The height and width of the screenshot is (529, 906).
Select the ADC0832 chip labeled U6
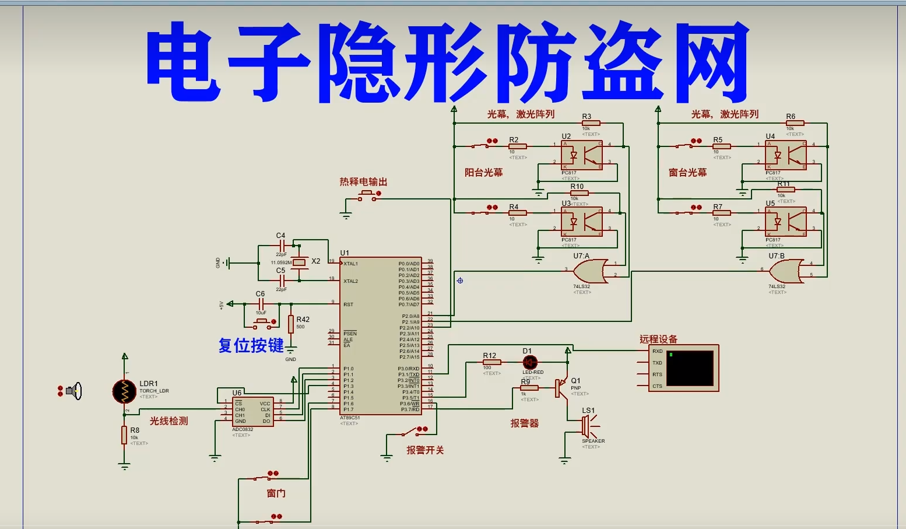coord(253,412)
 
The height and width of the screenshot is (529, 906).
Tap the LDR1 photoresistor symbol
coord(124,391)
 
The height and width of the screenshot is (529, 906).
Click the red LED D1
coord(530,363)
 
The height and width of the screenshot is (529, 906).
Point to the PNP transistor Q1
coord(561,388)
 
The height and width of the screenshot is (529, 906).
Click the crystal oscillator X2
coord(299,262)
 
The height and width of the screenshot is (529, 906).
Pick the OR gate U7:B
coord(785,271)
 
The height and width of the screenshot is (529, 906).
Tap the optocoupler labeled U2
coord(581,155)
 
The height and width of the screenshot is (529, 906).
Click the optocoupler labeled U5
coord(785,222)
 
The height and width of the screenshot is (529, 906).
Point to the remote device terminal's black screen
coord(690,368)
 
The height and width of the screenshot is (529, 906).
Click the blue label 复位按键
coord(251,345)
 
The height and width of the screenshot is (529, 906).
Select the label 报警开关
coord(425,450)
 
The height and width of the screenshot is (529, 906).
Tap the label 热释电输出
coord(363,182)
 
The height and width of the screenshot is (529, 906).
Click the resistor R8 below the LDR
coord(124,435)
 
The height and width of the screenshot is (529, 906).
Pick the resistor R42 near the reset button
coord(291,323)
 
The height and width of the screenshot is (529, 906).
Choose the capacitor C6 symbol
coord(261,304)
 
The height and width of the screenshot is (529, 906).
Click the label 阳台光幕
coord(483,173)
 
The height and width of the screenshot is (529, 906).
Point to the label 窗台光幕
coord(687,173)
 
